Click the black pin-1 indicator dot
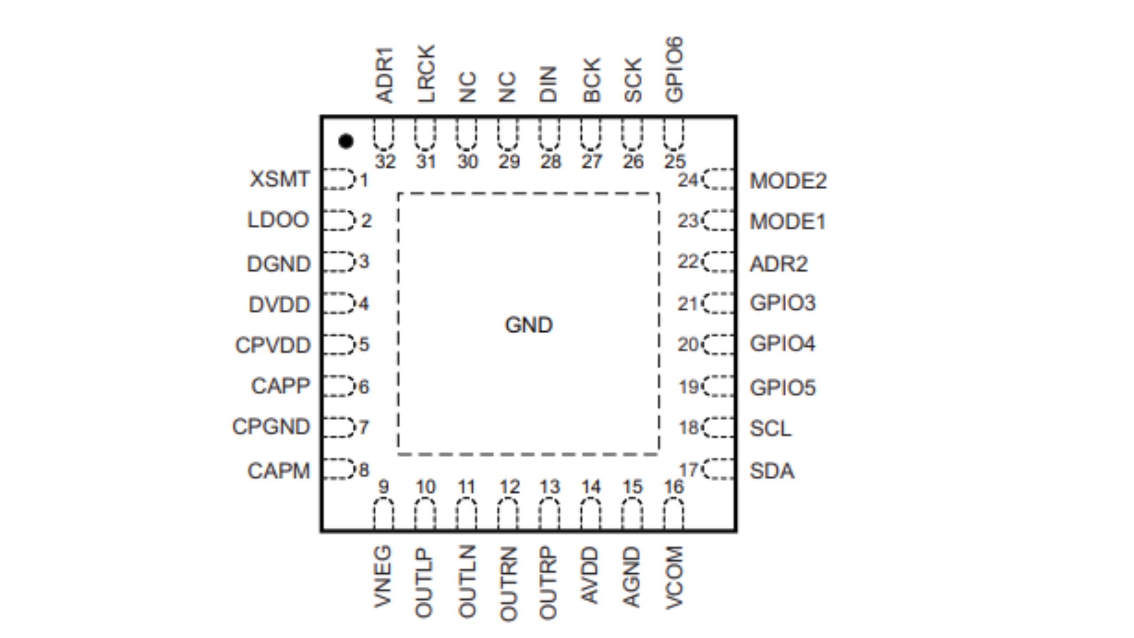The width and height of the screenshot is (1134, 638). (x=346, y=141)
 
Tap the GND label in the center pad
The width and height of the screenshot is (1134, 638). (x=528, y=325)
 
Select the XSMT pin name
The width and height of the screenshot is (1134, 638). (x=280, y=179)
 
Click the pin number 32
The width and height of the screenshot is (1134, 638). (x=385, y=162)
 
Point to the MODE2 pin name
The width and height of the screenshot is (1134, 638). (x=788, y=181)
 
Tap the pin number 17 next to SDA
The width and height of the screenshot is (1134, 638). (x=689, y=470)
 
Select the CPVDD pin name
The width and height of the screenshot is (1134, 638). (x=273, y=346)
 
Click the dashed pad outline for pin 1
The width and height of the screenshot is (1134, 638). (x=339, y=179)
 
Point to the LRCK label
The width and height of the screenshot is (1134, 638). (x=427, y=74)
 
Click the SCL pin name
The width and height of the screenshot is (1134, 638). (x=770, y=428)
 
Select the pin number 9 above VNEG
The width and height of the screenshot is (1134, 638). (x=384, y=487)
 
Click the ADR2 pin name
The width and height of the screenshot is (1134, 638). (x=778, y=264)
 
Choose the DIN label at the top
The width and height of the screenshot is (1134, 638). (x=548, y=84)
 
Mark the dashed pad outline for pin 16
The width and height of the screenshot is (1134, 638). (x=673, y=514)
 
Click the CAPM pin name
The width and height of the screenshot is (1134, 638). (x=279, y=471)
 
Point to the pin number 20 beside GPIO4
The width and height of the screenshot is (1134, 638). (x=688, y=345)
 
